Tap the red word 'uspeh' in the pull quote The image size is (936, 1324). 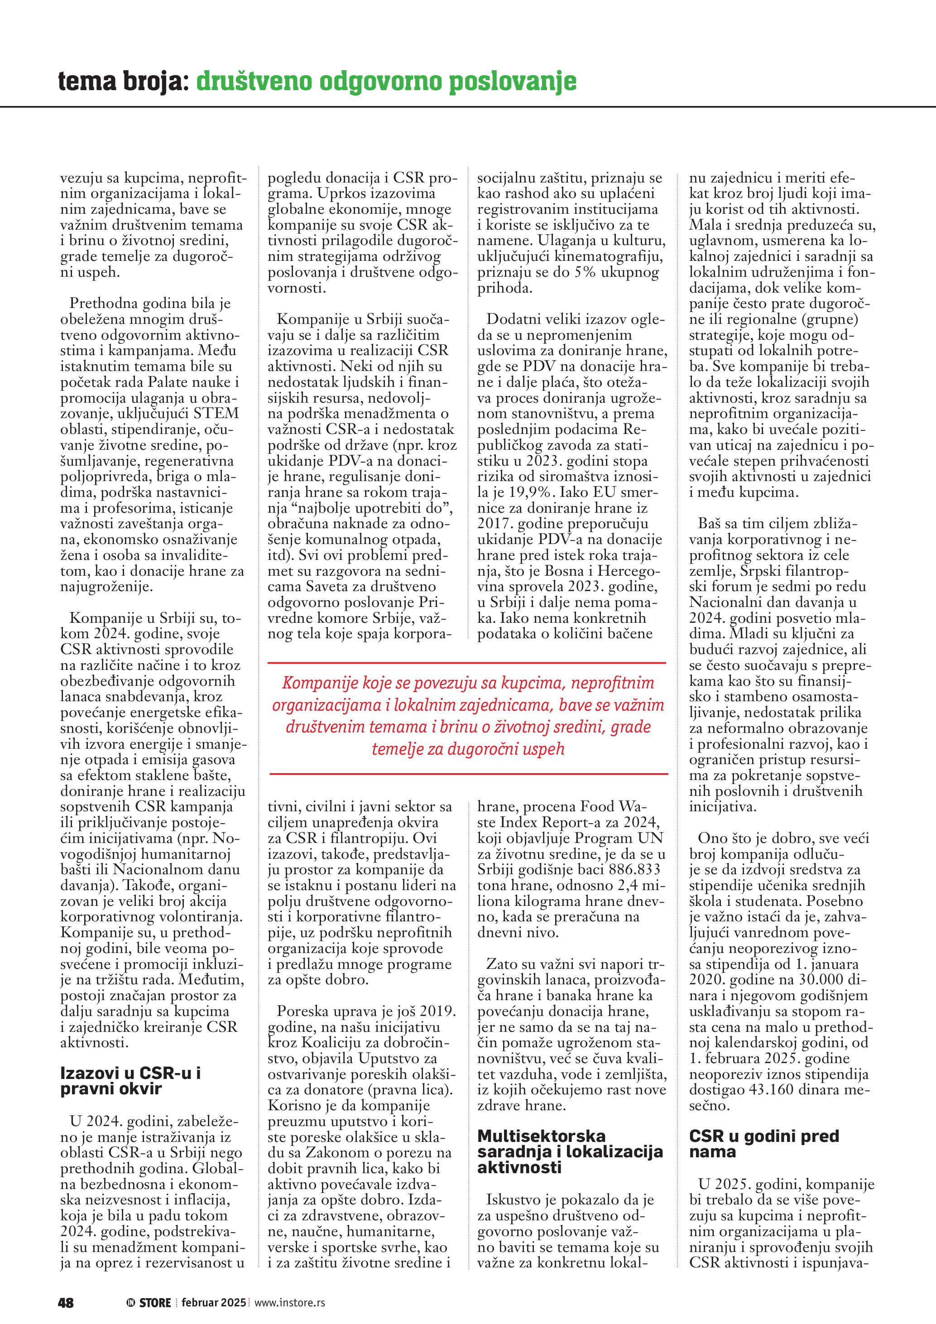click(541, 749)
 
